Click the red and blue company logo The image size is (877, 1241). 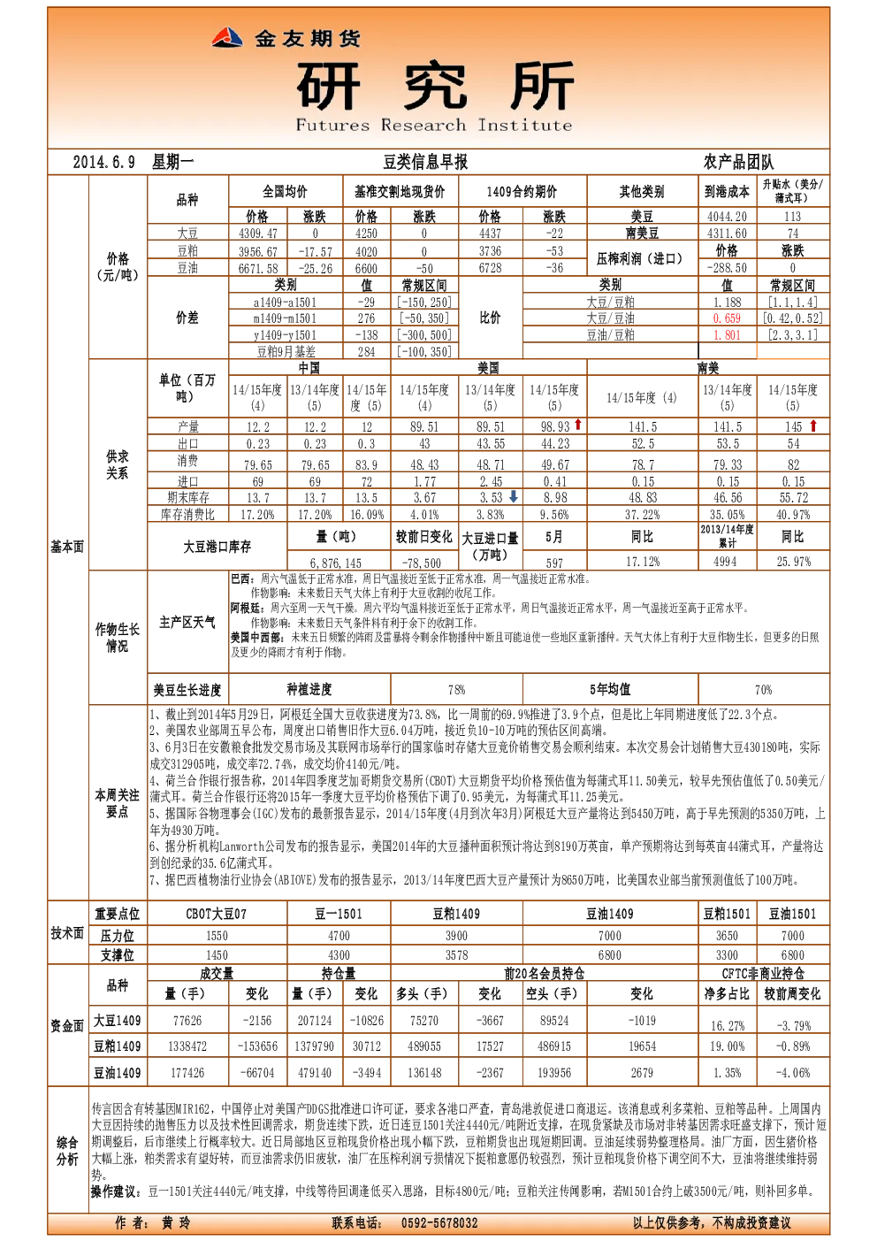(x=227, y=38)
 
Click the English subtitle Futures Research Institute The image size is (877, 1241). (x=433, y=126)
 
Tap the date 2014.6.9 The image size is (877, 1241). (x=104, y=163)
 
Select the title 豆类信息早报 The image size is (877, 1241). (x=425, y=163)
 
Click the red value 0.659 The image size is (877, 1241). (x=727, y=318)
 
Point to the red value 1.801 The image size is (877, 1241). (x=727, y=335)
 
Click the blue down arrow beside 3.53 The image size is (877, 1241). (x=514, y=496)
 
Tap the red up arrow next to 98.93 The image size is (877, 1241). (x=578, y=425)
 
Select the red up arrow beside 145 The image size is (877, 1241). (x=813, y=425)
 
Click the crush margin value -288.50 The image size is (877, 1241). (x=727, y=268)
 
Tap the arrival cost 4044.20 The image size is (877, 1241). (x=727, y=217)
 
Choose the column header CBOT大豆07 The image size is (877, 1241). (x=216, y=914)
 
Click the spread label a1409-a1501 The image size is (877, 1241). (x=286, y=303)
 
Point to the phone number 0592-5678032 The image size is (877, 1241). (x=439, y=1222)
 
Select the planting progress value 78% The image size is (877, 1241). (x=456, y=690)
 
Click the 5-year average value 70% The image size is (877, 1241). (x=763, y=690)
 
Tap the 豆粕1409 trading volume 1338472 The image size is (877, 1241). (x=187, y=1046)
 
